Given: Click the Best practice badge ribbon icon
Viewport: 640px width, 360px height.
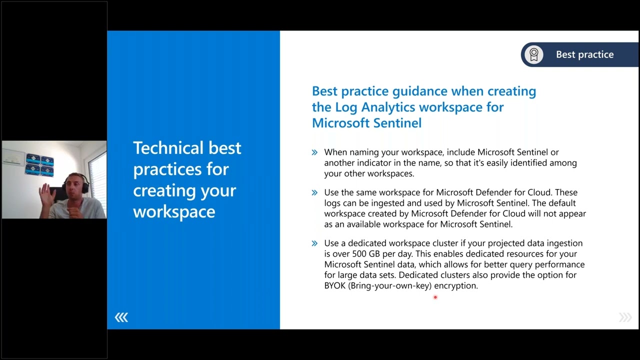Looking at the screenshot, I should click(x=534, y=54).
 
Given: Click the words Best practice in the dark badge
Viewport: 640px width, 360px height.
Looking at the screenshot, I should click(x=584, y=54).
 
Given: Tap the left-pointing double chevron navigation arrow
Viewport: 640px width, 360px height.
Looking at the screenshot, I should click(x=121, y=317).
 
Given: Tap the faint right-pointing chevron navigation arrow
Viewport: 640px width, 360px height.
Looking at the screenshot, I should click(x=625, y=317).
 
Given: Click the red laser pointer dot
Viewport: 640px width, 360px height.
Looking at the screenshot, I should click(x=435, y=297).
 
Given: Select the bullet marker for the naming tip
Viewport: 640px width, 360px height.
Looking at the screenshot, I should click(x=314, y=152).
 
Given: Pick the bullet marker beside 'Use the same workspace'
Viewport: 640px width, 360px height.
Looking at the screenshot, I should click(x=314, y=192).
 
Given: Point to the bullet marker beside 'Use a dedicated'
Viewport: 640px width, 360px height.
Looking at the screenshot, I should click(x=314, y=243).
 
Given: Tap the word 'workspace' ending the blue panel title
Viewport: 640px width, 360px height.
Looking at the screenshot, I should click(x=174, y=211).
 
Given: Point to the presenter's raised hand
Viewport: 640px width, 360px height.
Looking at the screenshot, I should click(x=46, y=192).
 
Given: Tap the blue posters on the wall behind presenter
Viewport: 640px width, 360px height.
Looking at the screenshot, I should click(x=39, y=165).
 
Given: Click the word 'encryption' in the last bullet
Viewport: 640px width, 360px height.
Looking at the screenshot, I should click(x=455, y=286).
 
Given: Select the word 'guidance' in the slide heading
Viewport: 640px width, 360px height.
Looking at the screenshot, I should click(x=419, y=91).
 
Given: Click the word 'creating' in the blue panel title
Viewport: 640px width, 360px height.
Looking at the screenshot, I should click(x=164, y=190).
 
